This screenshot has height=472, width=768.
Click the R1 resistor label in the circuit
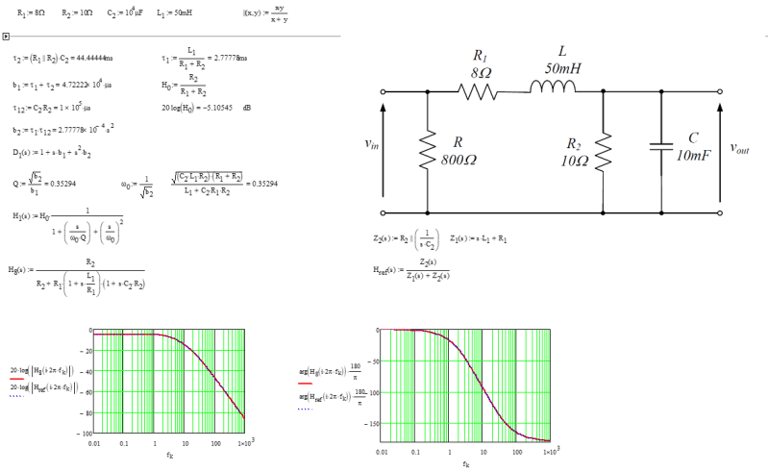click(x=482, y=57)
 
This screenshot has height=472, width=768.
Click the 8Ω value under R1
click(x=482, y=72)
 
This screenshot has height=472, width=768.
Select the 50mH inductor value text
click(x=562, y=69)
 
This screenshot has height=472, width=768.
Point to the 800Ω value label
click(x=459, y=161)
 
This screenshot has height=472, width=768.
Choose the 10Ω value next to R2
click(x=575, y=161)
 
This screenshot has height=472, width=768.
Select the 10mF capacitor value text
click(x=693, y=155)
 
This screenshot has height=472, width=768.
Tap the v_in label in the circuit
click(x=372, y=144)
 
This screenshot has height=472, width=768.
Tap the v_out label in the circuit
click(x=739, y=148)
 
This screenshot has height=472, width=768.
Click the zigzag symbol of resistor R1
click(x=478, y=92)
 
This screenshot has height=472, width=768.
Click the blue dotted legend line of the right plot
click(x=306, y=408)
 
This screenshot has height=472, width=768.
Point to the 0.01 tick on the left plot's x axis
click(x=93, y=445)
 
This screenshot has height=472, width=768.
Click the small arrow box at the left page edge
click(x=6, y=37)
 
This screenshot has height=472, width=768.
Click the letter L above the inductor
click(x=562, y=52)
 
